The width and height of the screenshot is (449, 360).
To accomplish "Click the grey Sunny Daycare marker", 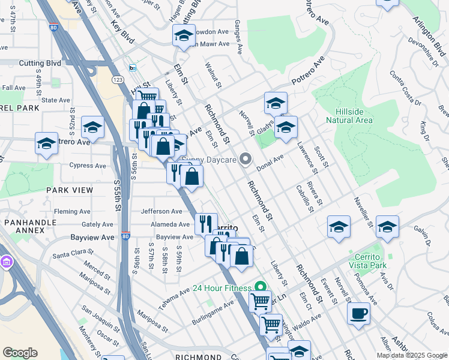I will pos(245,159).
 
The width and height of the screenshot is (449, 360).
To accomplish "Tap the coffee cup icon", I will pos(358,313).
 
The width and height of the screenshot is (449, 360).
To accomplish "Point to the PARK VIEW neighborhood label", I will pos(70,190).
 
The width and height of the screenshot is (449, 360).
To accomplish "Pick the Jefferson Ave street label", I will pos(161,211).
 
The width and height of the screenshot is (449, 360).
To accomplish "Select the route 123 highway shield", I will pos(117,80).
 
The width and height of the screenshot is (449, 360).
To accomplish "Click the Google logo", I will pos(20,353).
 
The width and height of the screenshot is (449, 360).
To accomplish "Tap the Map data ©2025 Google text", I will pos(411,355).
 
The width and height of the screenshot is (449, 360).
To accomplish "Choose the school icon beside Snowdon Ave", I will pos(184,36).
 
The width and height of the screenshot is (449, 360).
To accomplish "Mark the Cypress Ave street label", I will pos(88,166).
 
